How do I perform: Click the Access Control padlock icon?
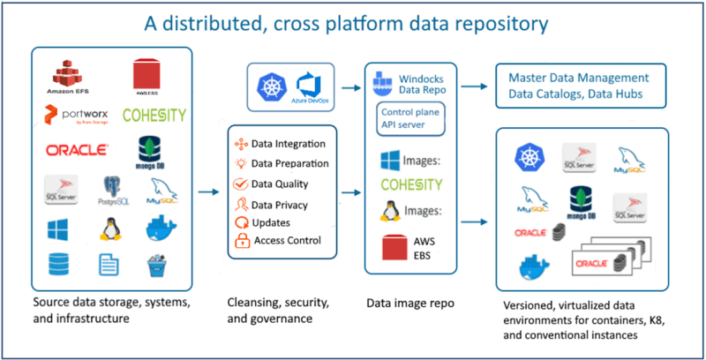pos(240,241)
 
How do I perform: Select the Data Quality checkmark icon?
pos(240,184)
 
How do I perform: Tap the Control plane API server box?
pos(410,120)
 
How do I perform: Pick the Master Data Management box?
pos(583,86)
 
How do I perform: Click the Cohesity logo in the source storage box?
pos(154,116)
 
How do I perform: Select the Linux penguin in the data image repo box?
pos(387,213)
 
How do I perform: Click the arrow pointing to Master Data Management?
pos(472,85)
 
